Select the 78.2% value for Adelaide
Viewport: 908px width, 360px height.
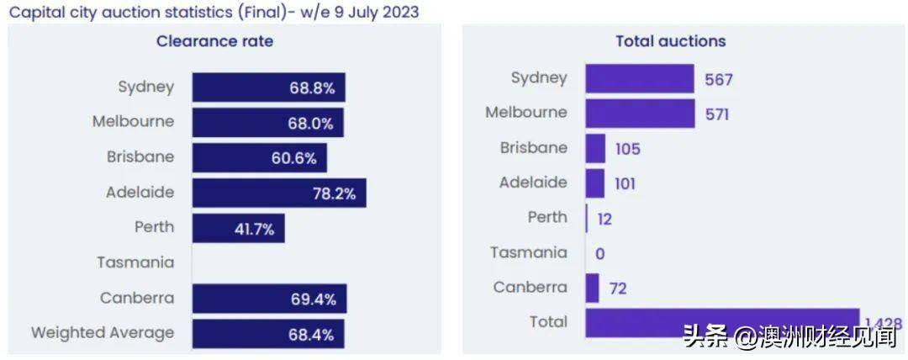tap(335, 193)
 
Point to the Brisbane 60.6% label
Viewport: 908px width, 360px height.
tap(293, 158)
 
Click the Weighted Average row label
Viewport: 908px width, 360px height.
tap(103, 333)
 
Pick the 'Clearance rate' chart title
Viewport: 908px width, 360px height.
tap(214, 41)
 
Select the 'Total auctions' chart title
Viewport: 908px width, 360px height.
tap(670, 41)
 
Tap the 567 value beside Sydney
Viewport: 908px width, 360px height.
tap(719, 80)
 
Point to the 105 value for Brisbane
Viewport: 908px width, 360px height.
tap(627, 149)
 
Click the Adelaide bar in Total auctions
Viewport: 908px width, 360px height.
tap(594, 183)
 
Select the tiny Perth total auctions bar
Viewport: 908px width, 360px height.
tap(587, 219)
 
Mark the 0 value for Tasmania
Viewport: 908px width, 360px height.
tap(599, 254)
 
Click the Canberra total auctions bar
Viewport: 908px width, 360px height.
tap(592, 289)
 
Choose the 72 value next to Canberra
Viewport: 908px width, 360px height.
tap(618, 289)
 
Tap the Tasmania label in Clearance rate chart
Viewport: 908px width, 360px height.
tap(135, 262)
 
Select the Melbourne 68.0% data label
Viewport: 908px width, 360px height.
tap(311, 123)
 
